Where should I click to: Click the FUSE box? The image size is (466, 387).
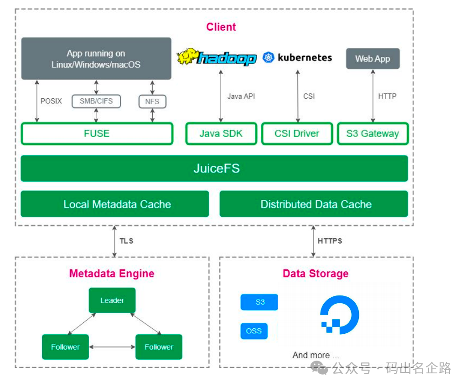point(97,133)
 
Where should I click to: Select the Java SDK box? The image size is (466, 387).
point(221,133)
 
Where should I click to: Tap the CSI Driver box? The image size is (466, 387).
point(297,133)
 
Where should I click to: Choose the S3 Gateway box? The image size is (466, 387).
point(373,133)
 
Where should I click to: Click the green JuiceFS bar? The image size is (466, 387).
point(214,168)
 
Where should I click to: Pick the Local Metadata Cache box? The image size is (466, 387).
point(115,204)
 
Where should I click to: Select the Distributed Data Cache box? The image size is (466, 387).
point(314,204)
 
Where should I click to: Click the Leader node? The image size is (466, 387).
point(112,300)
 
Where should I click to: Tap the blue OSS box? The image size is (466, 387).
point(254,331)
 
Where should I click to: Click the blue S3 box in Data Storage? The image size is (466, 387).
point(259,302)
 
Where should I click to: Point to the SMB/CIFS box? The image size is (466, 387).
point(96,101)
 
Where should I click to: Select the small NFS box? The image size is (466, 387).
point(152,102)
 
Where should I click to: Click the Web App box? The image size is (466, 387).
point(373,58)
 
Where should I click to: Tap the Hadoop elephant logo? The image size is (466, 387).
point(187,56)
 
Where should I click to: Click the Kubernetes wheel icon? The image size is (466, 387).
point(269,57)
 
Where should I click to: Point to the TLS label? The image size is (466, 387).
point(126,241)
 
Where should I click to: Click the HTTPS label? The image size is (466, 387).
point(330,241)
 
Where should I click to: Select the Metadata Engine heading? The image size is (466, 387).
point(112,273)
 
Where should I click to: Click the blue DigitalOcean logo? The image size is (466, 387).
point(340,315)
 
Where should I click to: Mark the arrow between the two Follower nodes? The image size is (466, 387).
point(112,347)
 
